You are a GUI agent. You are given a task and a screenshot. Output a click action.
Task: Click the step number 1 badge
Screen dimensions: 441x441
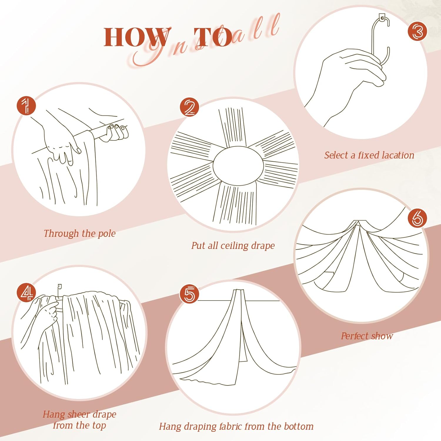[x=26, y=106]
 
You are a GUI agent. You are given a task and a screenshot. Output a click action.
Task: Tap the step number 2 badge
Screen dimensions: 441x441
[x=189, y=107]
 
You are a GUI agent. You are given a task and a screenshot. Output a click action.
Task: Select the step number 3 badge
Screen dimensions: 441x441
[x=417, y=31]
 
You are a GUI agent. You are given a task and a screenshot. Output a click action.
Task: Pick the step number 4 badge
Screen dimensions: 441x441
[x=26, y=293]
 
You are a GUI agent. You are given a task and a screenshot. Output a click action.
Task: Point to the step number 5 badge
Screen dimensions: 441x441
[x=189, y=294]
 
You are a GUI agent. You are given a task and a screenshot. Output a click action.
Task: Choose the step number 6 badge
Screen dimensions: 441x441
[x=417, y=218]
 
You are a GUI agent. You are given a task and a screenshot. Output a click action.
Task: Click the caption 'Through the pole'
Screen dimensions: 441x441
[x=79, y=233]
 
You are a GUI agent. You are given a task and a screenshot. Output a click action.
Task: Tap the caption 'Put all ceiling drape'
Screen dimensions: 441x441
[x=233, y=245]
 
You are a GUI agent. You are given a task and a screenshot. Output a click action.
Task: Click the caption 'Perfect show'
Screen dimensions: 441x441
[x=367, y=336]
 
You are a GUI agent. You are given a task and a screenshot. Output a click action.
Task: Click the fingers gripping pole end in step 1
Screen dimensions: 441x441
[x=118, y=132]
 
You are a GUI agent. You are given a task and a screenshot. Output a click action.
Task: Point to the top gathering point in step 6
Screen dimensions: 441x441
[x=357, y=223]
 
